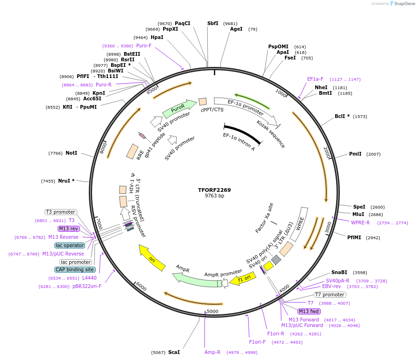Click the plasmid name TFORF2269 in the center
click(x=214, y=190)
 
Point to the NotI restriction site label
click(x=72, y=153)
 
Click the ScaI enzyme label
click(x=174, y=352)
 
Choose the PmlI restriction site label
click(x=355, y=154)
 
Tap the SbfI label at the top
click(x=213, y=23)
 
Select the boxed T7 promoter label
click(x=330, y=295)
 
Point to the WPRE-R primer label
click(x=360, y=223)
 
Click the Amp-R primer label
click(x=212, y=352)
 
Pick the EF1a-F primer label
click(x=315, y=79)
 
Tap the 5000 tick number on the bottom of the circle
click(x=212, y=311)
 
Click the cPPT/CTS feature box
click(x=203, y=102)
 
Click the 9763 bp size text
click(x=214, y=196)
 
